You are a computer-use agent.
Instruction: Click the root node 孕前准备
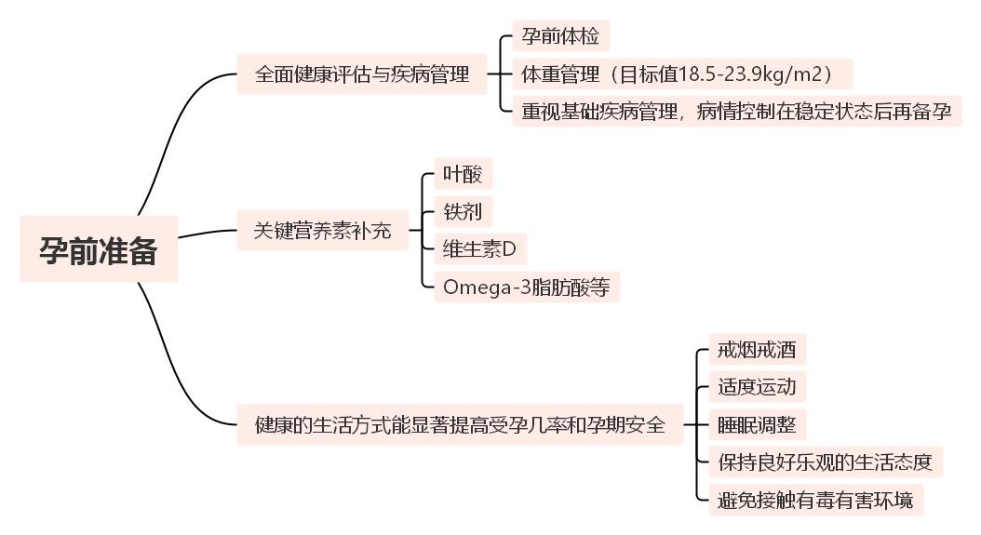point(99,249)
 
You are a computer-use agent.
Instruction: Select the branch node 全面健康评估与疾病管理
point(362,74)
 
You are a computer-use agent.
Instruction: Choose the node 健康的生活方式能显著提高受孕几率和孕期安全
point(460,425)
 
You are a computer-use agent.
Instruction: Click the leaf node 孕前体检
point(560,37)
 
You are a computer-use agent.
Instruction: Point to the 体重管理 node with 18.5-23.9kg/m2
point(681,74)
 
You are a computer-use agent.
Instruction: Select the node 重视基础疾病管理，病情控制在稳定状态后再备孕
point(736,112)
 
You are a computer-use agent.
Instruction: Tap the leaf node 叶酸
point(463,174)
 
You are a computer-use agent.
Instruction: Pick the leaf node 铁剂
point(463,211)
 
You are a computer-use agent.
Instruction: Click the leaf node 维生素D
point(479,248)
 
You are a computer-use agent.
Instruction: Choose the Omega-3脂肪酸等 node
point(526,287)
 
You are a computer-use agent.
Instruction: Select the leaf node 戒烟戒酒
point(757,351)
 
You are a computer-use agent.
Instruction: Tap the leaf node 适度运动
point(757,386)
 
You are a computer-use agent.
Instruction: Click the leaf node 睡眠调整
point(757,425)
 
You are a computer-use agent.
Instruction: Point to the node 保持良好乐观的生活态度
point(825,461)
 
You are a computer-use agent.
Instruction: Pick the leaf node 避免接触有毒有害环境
point(815,500)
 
